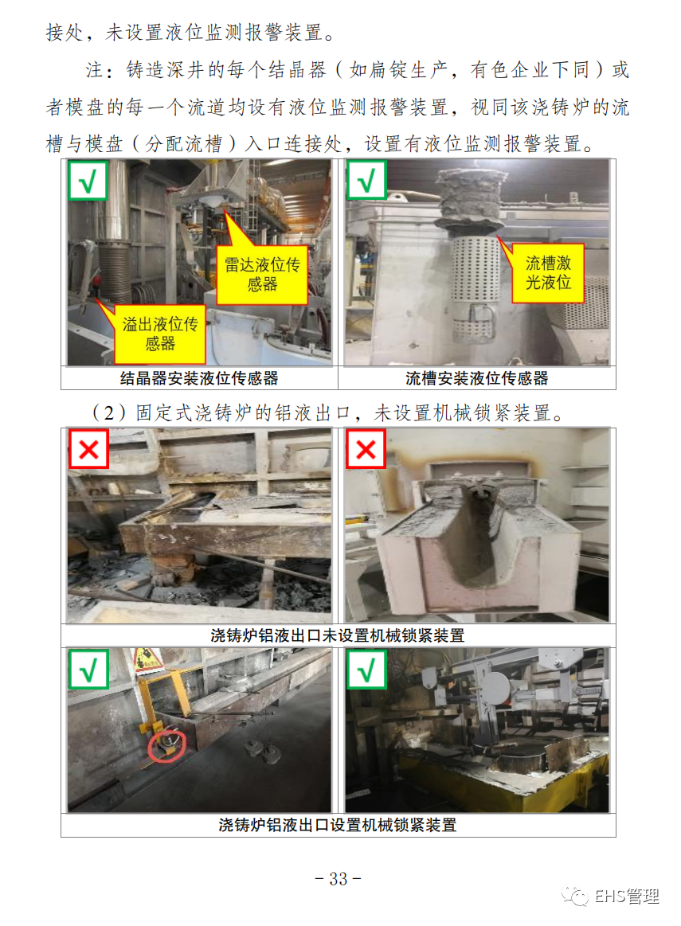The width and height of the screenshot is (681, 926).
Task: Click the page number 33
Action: pos(338,878)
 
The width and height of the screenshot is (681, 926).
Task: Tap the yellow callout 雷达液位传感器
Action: pos(262,275)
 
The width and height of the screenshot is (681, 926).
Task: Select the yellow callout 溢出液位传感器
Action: pos(159,334)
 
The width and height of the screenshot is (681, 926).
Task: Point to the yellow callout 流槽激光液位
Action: pos(548,273)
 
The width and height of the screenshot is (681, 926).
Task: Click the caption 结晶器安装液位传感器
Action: pos(199,378)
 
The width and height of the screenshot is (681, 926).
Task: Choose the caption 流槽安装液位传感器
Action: pos(476,378)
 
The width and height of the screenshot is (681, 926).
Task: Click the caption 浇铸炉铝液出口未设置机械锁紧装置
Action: pos(338,635)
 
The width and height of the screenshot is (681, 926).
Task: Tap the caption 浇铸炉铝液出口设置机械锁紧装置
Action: pos(338,824)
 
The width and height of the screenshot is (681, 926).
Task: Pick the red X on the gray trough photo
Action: pos(366,449)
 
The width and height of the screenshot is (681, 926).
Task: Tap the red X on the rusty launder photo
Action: pos(88,449)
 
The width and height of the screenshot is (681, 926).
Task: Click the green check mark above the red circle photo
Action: pos(88,669)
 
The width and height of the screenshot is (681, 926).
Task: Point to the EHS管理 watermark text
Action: pos(627,897)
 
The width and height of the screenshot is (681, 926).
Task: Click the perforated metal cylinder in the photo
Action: pos(474,289)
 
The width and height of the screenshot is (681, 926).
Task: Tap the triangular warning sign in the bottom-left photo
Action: pos(147,659)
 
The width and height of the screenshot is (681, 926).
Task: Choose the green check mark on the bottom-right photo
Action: pos(366,669)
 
